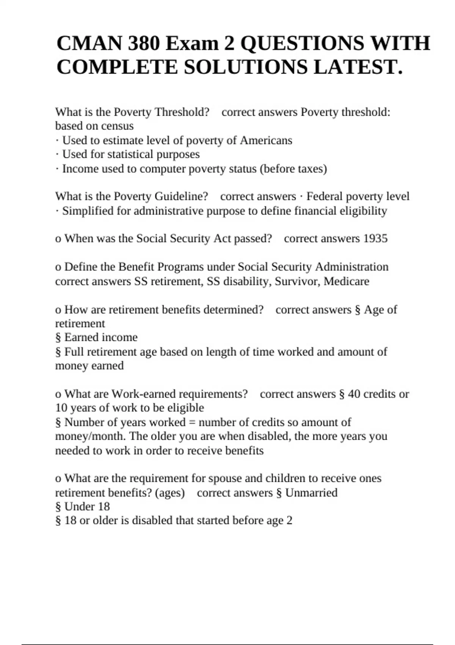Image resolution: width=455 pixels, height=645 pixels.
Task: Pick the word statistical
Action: tap(130, 154)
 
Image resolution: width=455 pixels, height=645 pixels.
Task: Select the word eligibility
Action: tap(363, 211)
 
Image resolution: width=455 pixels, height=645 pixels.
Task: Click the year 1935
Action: tap(375, 239)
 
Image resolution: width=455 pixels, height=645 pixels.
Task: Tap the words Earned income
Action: tap(101, 337)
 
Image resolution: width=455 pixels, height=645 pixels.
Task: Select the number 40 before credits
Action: tap(354, 394)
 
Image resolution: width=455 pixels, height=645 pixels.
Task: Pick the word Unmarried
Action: tap(311, 493)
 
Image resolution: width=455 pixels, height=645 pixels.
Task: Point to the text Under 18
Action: tap(87, 507)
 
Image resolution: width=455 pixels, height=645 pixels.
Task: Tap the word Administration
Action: tap(351, 267)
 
